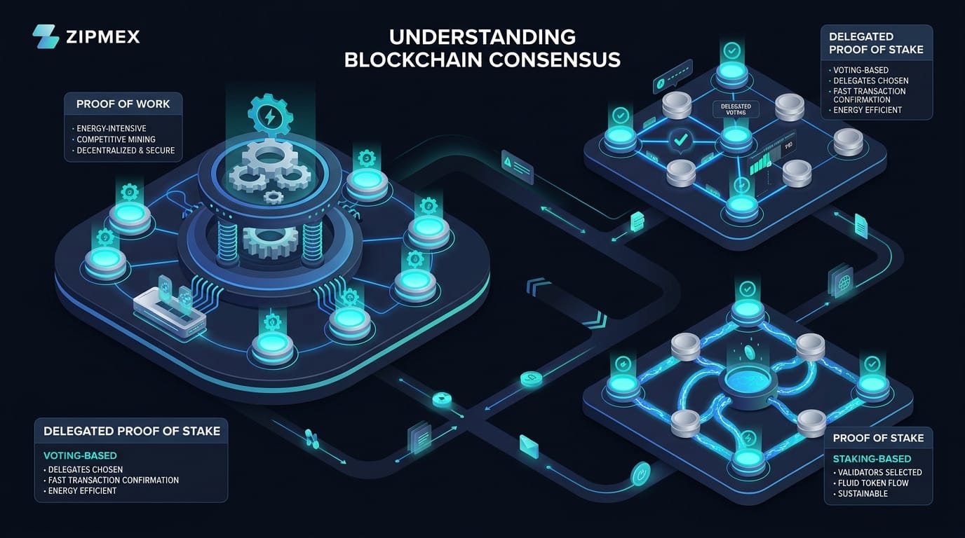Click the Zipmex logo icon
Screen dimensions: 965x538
(x=46, y=36)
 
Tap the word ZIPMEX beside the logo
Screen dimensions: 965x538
(x=104, y=36)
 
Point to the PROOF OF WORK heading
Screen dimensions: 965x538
(x=123, y=104)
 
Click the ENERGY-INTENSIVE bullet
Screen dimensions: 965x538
(x=112, y=129)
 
